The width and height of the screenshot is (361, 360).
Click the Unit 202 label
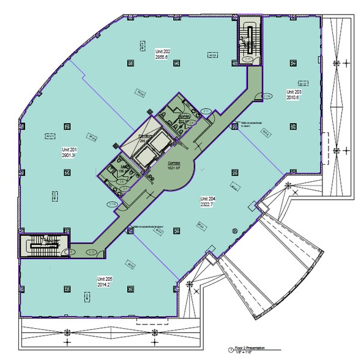tap(162, 51)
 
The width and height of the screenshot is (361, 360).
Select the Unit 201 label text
tap(68, 149)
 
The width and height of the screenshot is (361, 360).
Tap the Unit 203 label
tap(294, 92)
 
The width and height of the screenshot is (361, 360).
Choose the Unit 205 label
tap(105, 279)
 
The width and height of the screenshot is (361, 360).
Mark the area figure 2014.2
tap(105, 285)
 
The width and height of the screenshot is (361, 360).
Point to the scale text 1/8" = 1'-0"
tap(239, 353)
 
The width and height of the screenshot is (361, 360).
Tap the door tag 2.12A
tap(267, 96)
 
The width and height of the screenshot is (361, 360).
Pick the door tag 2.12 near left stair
tap(91, 252)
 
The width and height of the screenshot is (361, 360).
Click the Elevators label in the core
tap(146, 138)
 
